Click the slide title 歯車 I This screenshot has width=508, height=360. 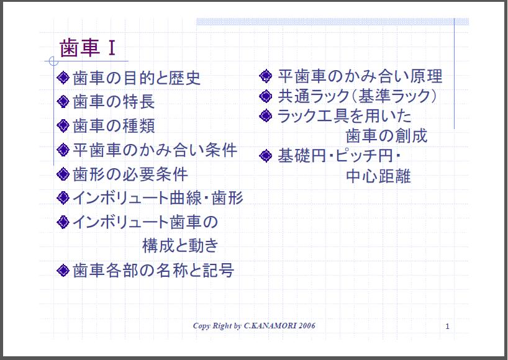coord(88,48)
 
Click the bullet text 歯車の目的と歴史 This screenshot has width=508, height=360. coord(137,79)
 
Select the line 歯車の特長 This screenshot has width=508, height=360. coord(114,102)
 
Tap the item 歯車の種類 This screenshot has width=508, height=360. coord(114,126)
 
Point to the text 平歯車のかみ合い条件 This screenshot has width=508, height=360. coord(155,150)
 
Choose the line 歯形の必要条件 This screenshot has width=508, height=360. coord(130,174)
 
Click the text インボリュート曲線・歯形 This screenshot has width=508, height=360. coord(158,198)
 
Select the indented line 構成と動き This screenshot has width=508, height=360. coord(180,246)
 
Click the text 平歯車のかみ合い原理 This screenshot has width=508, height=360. coord(360,76)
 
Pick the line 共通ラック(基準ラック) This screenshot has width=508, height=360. coord(358,96)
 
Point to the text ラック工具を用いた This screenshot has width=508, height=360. coord(344,115)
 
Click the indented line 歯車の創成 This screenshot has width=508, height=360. coord(386,135)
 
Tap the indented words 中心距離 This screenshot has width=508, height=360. coord(378,176)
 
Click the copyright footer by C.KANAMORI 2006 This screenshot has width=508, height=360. coord(254,326)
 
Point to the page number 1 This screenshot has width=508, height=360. coord(447,326)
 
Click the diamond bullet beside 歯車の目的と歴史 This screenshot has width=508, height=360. coord(63,79)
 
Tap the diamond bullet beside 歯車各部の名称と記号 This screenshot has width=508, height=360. coord(63,270)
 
